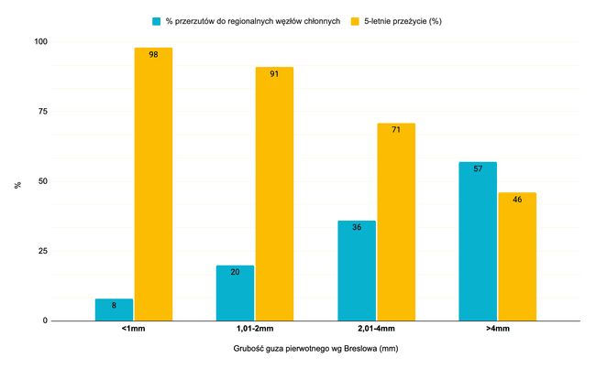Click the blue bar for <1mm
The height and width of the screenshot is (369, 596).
pyautogui.click(x=114, y=309)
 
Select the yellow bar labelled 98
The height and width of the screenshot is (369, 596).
pyautogui.click(x=153, y=184)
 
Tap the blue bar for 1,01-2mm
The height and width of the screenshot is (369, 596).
pyautogui.click(x=235, y=293)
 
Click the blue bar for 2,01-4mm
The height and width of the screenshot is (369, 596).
pyautogui.click(x=357, y=270)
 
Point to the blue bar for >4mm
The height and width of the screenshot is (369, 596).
pyautogui.click(x=478, y=241)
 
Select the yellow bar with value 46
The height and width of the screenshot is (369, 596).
pyautogui.click(x=517, y=256)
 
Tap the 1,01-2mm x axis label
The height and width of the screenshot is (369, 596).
pyautogui.click(x=254, y=328)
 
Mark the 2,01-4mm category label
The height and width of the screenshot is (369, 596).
pyautogui.click(x=376, y=328)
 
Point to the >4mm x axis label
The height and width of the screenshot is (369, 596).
pyautogui.click(x=498, y=328)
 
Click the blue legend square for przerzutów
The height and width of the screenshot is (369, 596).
pyautogui.click(x=156, y=20)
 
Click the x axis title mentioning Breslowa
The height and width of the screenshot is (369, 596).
pyautogui.click(x=315, y=349)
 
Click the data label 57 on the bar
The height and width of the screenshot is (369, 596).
pyautogui.click(x=478, y=169)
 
